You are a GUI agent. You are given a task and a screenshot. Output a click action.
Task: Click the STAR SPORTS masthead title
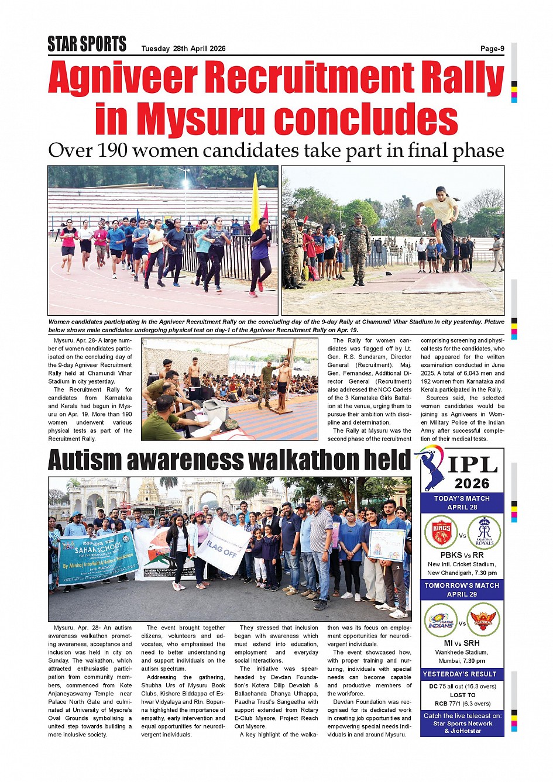[x=87, y=44]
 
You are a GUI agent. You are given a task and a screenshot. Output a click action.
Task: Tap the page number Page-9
[x=492, y=49]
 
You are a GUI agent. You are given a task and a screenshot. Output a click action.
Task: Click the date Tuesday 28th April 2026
[x=183, y=49]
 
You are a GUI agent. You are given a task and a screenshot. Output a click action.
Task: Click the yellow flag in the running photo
[x=255, y=202]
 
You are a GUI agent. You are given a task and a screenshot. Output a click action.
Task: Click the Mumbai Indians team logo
[x=441, y=621]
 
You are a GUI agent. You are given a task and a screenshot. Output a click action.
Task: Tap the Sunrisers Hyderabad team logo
[x=483, y=621]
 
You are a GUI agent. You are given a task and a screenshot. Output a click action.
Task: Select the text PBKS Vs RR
[x=462, y=555]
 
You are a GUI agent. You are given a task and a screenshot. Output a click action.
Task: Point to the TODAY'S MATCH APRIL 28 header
[x=462, y=503]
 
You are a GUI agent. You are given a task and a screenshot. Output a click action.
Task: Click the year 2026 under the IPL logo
[x=472, y=484]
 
